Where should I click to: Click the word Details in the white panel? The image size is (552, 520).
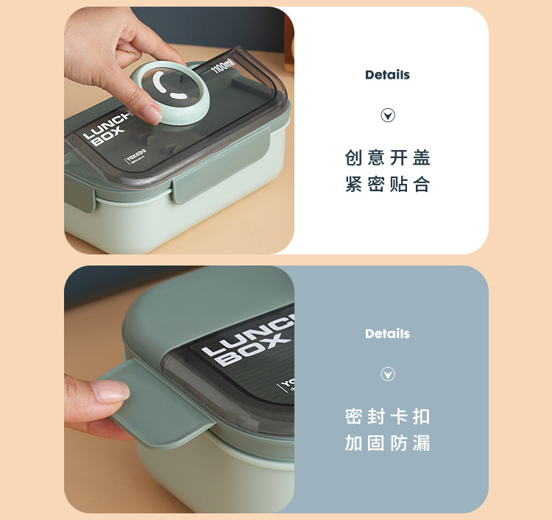pyautogui.click(x=387, y=75)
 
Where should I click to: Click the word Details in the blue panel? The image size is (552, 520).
pyautogui.click(x=387, y=334)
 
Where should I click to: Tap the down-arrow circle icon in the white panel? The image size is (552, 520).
pyautogui.click(x=388, y=115)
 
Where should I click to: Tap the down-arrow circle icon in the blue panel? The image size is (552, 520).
pyautogui.click(x=388, y=374)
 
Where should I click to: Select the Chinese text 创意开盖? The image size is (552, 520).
pyautogui.click(x=388, y=158)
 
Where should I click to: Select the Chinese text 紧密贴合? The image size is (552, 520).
pyautogui.click(x=388, y=185)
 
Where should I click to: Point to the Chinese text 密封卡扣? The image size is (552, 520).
pyautogui.click(x=388, y=417)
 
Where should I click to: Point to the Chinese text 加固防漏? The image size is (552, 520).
pyautogui.click(x=388, y=444)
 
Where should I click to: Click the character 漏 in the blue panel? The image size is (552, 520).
pyautogui.click(x=422, y=444)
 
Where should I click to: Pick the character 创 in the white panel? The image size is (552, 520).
pyautogui.click(x=354, y=158)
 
